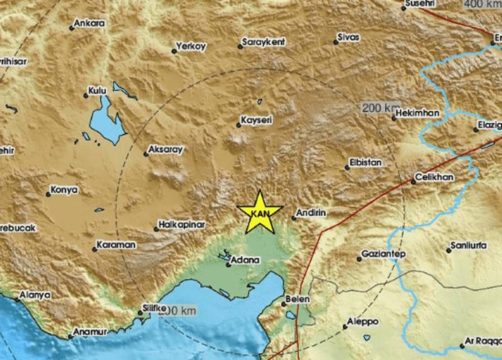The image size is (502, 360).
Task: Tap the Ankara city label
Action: point(89,24)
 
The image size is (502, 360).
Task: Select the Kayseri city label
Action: point(256,119)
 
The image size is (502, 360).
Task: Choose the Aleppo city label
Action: point(364,321)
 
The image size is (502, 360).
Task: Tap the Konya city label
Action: point(64,189)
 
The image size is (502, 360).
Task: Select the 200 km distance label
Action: point(380,108)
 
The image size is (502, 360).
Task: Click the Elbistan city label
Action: point(365,163)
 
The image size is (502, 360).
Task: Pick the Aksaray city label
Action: point(164,151)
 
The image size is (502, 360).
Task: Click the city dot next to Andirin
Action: point(294,218)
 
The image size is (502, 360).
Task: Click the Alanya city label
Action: point(35,294)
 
